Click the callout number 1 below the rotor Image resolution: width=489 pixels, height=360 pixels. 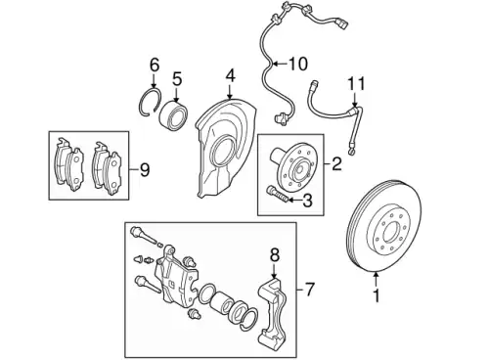377,295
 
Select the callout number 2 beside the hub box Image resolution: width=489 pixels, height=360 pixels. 336,163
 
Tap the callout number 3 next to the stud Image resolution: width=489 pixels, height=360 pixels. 307,201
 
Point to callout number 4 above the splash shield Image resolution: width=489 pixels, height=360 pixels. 230,75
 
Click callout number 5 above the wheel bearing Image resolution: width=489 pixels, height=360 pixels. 177,79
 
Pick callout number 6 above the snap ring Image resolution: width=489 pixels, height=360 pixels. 155,65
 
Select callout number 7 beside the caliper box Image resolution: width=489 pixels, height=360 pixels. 309,290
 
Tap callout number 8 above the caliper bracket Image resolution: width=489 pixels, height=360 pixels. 275,255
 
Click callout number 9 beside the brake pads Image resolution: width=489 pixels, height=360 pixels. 145,170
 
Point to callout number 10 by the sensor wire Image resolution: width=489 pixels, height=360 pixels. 298,64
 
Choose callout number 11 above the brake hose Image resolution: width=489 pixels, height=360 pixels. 356,84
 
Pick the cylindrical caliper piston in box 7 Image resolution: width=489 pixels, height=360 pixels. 221,302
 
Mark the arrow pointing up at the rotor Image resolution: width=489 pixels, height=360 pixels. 377,280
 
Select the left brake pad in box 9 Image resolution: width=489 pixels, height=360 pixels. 68,163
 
